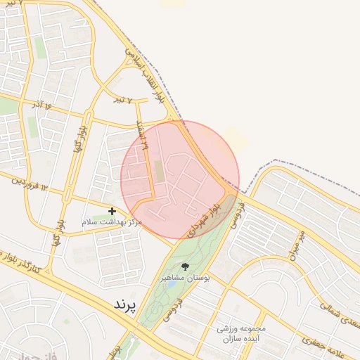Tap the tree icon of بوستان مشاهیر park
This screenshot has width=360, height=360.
tap(185, 266)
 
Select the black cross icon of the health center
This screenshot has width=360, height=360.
tap(112, 210)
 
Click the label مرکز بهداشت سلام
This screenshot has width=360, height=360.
tap(112, 222)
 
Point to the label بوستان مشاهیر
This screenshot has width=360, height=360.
tap(186, 278)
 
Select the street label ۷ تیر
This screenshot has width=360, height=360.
tap(125, 100)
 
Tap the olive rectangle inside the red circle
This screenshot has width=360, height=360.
tap(158, 170)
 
